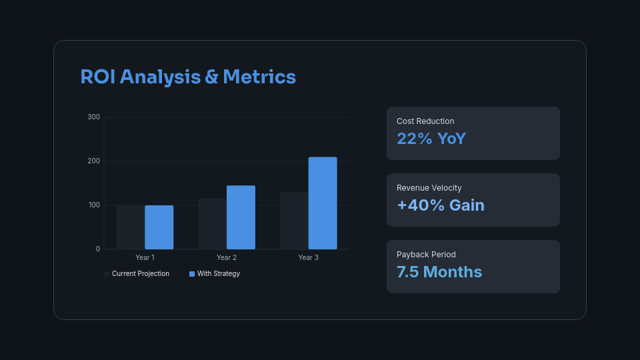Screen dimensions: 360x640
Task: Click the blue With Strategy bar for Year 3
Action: [323, 203]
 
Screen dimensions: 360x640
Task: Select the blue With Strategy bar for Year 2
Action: [241, 217]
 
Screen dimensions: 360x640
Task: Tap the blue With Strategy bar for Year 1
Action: [159, 227]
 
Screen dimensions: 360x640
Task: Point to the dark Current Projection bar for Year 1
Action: [130, 227]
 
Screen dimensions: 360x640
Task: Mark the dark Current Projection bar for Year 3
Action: [294, 221]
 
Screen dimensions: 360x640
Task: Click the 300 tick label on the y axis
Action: [93, 117]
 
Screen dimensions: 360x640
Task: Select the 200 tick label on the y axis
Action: [93, 161]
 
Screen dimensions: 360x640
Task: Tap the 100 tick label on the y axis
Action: [93, 205]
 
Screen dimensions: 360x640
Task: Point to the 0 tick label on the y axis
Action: [97, 249]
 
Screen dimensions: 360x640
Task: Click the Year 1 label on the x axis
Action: [145, 258]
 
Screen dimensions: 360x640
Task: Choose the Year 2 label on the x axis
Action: [227, 258]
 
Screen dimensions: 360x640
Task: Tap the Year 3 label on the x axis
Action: [308, 258]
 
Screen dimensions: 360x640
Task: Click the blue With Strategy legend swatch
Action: [192, 274]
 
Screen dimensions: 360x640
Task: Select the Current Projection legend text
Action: [141, 274]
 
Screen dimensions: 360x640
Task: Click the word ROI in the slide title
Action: [98, 77]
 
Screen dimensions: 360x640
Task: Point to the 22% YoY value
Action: [431, 139]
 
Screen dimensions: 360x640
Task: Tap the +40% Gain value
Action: [440, 205]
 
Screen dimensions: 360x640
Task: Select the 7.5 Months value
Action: [439, 272]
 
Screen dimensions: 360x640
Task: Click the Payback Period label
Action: [426, 255]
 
